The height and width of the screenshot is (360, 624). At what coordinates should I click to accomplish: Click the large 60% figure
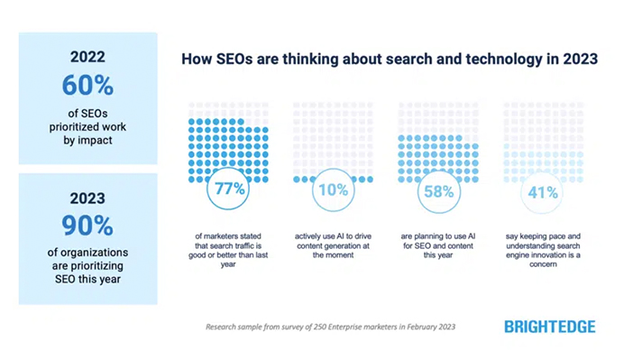87,86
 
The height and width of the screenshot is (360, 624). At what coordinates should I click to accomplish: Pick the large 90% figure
87,226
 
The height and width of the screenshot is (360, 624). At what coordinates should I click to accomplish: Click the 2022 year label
87,58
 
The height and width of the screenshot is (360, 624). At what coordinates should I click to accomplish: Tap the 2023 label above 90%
87,198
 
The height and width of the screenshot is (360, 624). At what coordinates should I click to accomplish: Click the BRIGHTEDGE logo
549,327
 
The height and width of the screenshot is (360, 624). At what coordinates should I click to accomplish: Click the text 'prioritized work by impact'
87,128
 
